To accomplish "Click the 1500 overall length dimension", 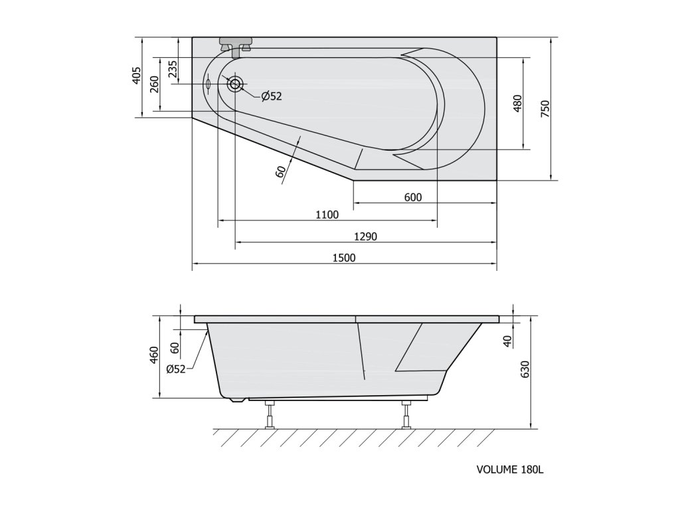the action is (344, 258).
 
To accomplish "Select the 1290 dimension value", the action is (366, 236).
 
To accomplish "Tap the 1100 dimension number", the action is (327, 214).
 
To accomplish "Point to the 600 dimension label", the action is (413, 197).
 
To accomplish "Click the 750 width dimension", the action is (546, 108).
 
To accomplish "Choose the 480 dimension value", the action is (518, 104).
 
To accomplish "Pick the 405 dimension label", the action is (137, 76).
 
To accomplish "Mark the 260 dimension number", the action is (154, 84).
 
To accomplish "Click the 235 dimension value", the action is (173, 69).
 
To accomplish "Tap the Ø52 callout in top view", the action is (272, 96).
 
